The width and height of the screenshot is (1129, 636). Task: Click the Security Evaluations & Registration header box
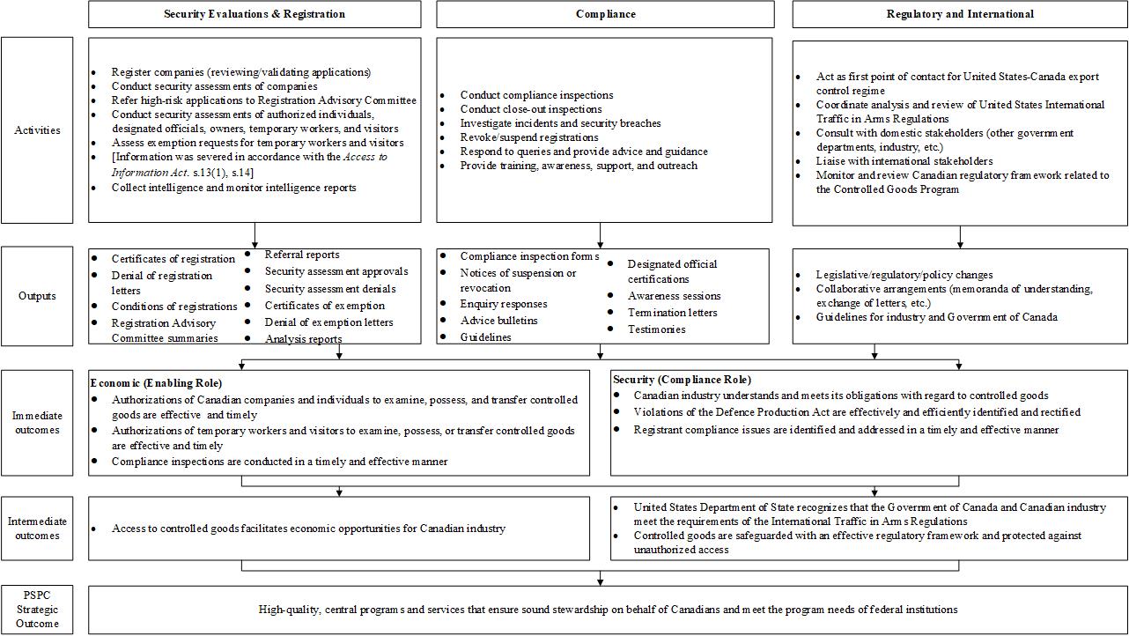tap(255, 14)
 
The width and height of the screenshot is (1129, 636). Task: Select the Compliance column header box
tap(605, 14)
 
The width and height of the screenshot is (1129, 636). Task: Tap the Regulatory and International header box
tap(960, 14)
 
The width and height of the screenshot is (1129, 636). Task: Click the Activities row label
tap(37, 130)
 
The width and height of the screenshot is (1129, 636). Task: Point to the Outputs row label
tap(37, 296)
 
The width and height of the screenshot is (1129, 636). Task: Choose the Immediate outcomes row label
tap(37, 423)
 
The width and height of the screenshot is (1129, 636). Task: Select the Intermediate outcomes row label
tap(37, 529)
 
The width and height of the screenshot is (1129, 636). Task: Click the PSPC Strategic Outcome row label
tap(37, 610)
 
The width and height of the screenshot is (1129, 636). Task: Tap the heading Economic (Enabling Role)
tap(156, 383)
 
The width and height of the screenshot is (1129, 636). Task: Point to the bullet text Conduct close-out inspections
tap(531, 109)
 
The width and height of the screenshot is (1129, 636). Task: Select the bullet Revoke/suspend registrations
tap(529, 137)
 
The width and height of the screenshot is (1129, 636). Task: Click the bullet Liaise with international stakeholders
tap(904, 161)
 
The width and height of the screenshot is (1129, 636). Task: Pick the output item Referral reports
tap(302, 255)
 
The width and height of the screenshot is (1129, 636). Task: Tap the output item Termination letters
tap(672, 313)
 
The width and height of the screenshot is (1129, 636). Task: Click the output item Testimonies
tap(656, 329)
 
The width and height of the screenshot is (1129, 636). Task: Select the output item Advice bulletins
tap(498, 321)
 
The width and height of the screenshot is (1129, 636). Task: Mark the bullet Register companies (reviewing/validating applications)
tap(240, 72)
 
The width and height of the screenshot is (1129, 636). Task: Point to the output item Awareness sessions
tap(674, 296)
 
